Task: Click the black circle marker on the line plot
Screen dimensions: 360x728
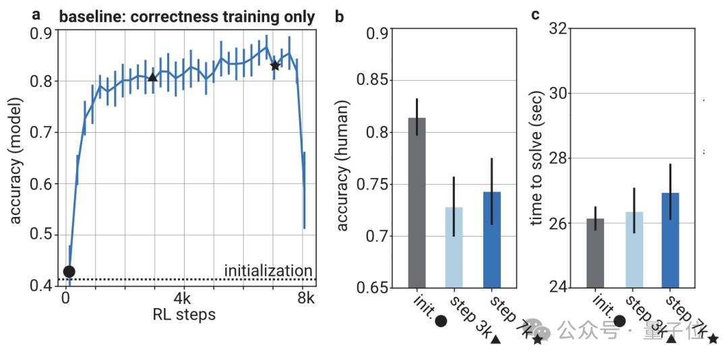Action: pos(69,271)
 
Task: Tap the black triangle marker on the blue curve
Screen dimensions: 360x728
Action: pos(152,78)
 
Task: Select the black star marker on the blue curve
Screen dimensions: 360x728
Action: pos(275,65)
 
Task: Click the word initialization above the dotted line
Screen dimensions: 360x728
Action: pos(268,271)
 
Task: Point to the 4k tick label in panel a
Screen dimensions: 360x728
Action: pos(185,298)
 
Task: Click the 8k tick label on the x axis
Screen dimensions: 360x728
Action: pos(305,298)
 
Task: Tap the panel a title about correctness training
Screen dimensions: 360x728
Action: pos(187,17)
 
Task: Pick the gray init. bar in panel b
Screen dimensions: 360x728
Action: pos(417,202)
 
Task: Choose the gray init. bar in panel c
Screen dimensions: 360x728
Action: pos(595,253)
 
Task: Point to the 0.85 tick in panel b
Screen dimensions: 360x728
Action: pos(382,81)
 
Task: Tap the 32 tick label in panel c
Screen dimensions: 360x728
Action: pos(562,29)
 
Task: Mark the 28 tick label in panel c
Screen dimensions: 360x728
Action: pos(562,158)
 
